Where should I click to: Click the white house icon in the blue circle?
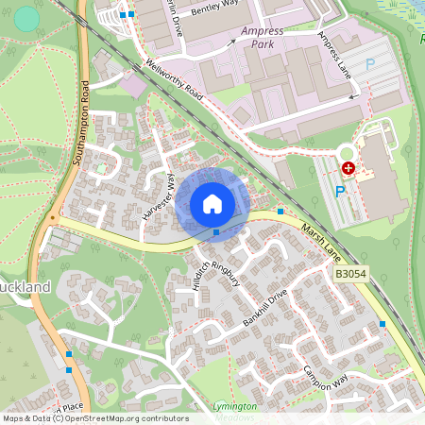pyautogui.click(x=212, y=204)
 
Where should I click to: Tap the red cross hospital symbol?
pyautogui.click(x=348, y=167)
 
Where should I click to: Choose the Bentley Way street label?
pyautogui.click(x=215, y=18)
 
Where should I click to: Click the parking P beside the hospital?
pyautogui.click(x=339, y=190)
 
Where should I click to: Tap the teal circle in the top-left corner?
pyautogui.click(x=27, y=18)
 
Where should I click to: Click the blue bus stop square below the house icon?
pyautogui.click(x=216, y=230)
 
